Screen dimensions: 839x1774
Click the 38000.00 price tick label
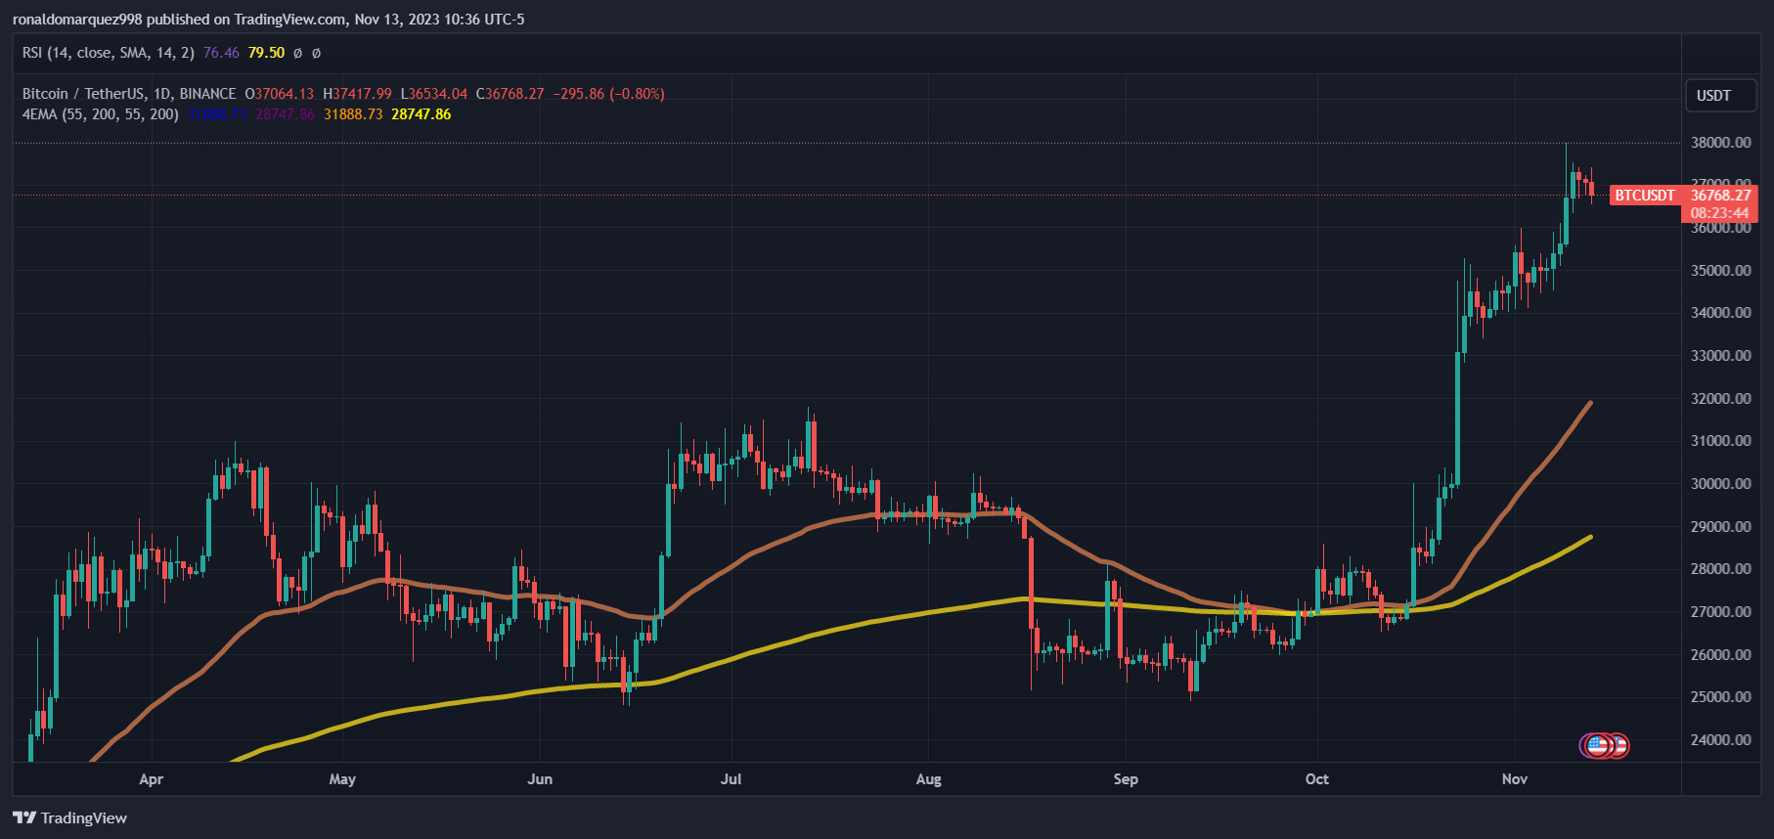[1720, 143]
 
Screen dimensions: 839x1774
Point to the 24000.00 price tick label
[1720, 740]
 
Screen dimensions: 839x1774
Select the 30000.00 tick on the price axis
[1720, 484]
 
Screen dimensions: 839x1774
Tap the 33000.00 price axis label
[1720, 356]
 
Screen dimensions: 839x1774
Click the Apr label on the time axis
[151, 779]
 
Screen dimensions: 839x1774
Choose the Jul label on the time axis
[731, 779]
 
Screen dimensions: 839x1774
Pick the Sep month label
[1126, 779]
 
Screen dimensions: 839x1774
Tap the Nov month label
[1514, 779]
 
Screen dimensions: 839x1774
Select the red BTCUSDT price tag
[1644, 196]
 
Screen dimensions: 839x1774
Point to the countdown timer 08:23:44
[1719, 213]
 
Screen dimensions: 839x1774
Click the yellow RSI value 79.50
[266, 53]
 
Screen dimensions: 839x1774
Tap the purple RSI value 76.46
[221, 53]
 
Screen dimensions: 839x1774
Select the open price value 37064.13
[285, 94]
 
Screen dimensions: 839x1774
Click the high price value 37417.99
[362, 94]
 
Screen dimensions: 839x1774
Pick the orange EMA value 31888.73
[353, 114]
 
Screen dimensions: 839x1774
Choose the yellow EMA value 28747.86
[421, 114]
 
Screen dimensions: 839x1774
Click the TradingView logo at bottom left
[70, 817]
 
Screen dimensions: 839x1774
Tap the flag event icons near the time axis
[1604, 746]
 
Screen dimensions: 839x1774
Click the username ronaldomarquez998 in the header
[77, 20]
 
